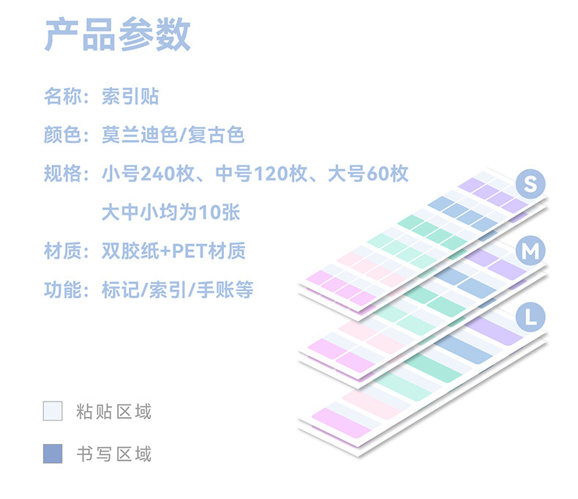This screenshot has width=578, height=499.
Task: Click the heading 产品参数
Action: (117, 34)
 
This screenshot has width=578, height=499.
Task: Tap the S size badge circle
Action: (530, 184)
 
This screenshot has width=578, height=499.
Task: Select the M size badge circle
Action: (530, 251)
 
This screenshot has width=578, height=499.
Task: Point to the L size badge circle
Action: (530, 317)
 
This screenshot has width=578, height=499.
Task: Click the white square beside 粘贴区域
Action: (53, 410)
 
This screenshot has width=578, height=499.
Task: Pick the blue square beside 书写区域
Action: (53, 454)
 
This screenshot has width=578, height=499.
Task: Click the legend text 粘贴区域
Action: (113, 411)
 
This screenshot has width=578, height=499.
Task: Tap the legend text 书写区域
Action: (113, 454)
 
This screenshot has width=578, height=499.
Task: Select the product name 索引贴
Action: (130, 96)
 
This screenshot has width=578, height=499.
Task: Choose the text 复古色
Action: (216, 135)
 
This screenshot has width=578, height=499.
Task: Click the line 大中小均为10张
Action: (170, 212)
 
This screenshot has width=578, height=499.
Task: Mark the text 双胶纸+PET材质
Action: (174, 251)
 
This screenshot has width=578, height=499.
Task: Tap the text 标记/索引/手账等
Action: (178, 290)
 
